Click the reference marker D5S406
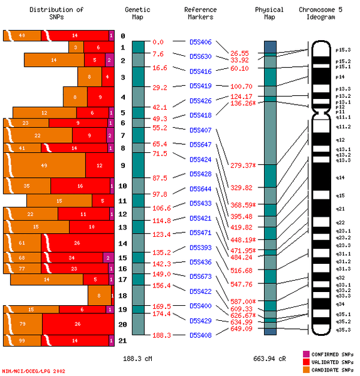click(x=200, y=43)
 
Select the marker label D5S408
click(x=200, y=335)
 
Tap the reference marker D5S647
click(x=200, y=145)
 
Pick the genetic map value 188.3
click(x=162, y=335)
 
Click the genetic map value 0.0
click(x=158, y=42)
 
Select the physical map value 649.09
click(x=241, y=328)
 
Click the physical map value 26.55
click(x=240, y=53)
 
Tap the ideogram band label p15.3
click(x=343, y=49)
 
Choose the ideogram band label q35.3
click(x=343, y=329)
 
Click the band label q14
click(x=340, y=178)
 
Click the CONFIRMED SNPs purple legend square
click(x=306, y=354)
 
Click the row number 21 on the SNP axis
click(x=123, y=340)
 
